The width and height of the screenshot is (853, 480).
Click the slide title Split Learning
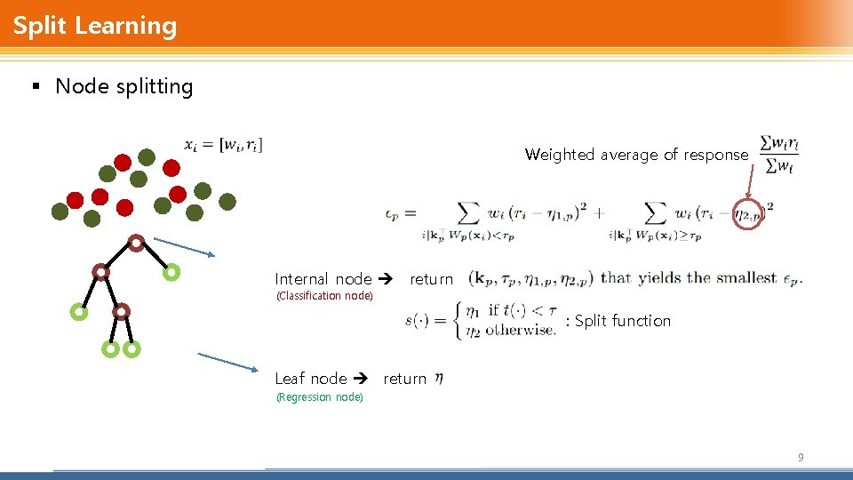(95, 25)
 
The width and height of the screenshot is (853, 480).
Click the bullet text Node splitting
(124, 86)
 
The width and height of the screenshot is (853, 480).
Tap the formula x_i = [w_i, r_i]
(223, 143)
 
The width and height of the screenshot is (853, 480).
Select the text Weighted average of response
(636, 155)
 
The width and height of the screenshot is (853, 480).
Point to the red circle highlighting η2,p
(749, 214)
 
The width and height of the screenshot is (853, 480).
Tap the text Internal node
(323, 279)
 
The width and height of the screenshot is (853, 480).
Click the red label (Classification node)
(323, 296)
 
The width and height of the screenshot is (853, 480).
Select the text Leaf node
(311, 379)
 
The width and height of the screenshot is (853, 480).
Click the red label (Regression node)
(319, 397)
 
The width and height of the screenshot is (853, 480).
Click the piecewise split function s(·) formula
(480, 320)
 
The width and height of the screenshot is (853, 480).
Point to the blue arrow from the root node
(184, 247)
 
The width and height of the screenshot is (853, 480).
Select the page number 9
(801, 458)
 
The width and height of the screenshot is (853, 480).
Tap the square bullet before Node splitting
(36, 87)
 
